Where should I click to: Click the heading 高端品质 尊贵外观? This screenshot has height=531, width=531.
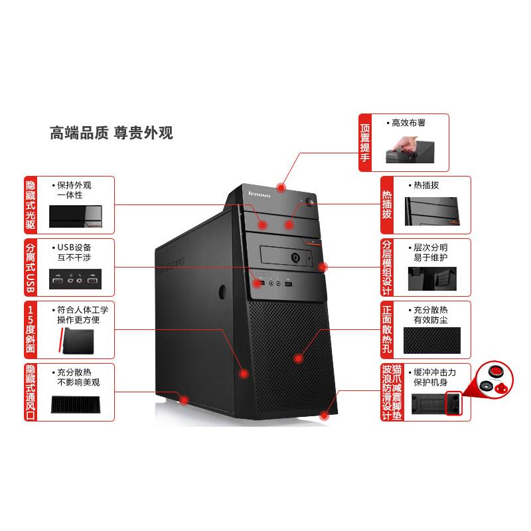coord(112,133)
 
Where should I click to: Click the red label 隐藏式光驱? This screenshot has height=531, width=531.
coord(31,202)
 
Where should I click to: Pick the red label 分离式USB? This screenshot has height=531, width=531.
coord(31,267)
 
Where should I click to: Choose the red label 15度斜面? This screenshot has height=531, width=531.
coord(31,329)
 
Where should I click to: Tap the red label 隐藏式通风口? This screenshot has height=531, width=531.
coord(31,392)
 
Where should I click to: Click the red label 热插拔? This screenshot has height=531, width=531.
coord(387,202)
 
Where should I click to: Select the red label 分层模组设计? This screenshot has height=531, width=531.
coord(387,267)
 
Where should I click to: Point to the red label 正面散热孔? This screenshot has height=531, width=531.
coord(387,330)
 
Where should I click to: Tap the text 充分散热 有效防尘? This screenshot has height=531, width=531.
coord(432,315)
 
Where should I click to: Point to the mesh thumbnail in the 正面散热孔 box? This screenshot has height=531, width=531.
coord(432,341)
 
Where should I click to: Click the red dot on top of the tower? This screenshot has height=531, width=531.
coord(284,187)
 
